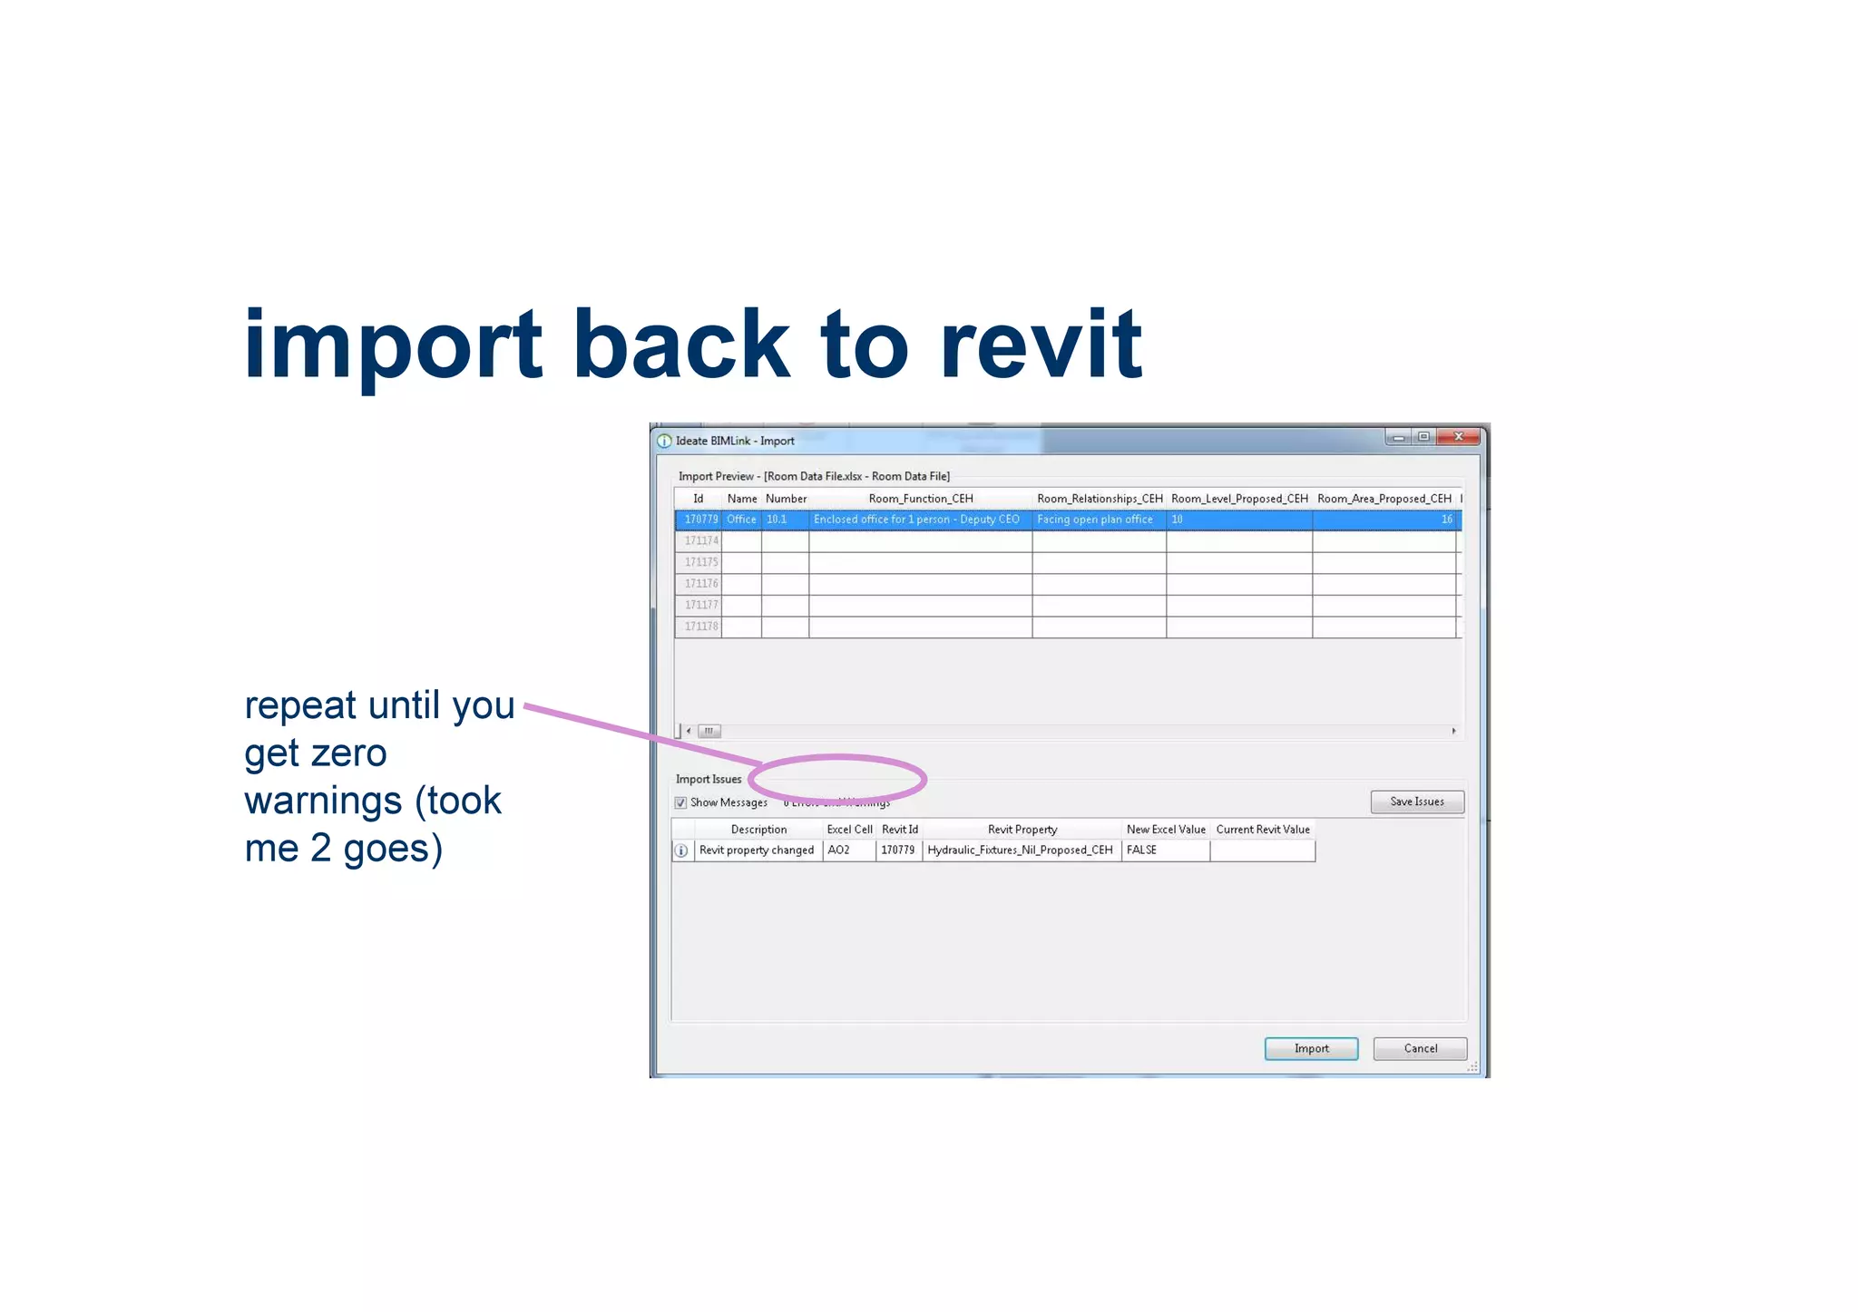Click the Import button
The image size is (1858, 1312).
[x=1311, y=1048]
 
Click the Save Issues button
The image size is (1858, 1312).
[x=1416, y=802]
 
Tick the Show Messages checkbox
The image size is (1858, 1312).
[x=680, y=802]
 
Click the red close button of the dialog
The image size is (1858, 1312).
[x=1458, y=437]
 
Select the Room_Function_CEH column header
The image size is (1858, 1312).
[x=920, y=499]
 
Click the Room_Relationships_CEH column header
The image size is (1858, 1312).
[x=1099, y=499]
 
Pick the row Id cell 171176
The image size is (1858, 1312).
[x=700, y=584]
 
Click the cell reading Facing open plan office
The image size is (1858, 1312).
[x=1094, y=520]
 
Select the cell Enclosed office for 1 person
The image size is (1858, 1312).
[x=915, y=520]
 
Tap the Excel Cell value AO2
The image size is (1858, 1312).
[x=838, y=850]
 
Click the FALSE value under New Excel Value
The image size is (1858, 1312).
[x=1141, y=850]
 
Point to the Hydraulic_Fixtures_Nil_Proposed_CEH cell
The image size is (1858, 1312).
[x=1020, y=850]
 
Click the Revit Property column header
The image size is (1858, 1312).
[x=1022, y=830]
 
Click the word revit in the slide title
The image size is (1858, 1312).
[x=1041, y=345]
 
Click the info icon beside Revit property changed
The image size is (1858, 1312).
[x=681, y=850]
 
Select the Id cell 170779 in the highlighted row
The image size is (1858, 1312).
[x=700, y=520]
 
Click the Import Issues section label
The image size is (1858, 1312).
[x=708, y=779]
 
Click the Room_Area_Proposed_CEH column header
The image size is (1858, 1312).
[x=1384, y=499]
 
